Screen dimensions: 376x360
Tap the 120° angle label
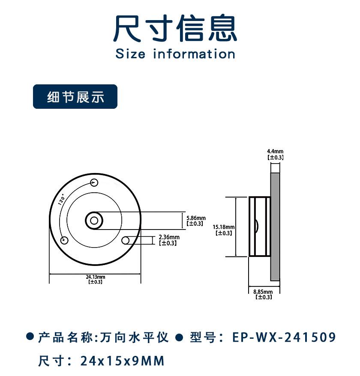(61, 201)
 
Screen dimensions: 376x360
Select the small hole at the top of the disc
(94, 183)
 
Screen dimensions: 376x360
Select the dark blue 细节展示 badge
(75, 97)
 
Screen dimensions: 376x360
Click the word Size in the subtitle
(130, 54)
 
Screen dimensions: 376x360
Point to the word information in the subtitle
(194, 54)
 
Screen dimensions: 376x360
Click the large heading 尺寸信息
(175, 29)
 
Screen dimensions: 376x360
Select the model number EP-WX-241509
(284, 337)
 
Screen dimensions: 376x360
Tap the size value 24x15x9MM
(122, 361)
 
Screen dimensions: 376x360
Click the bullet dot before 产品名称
(30, 337)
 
